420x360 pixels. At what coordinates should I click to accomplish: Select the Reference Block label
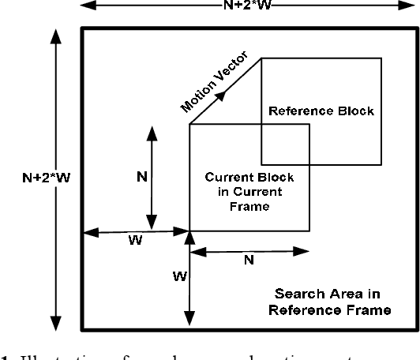pyautogui.click(x=321, y=111)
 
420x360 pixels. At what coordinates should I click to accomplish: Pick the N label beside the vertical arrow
pyautogui.click(x=141, y=176)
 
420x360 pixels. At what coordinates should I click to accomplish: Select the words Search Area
pyautogui.click(x=329, y=294)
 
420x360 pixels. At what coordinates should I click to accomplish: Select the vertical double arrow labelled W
pyautogui.click(x=188, y=279)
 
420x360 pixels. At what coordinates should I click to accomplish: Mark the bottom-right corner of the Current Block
pyautogui.click(x=309, y=231)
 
